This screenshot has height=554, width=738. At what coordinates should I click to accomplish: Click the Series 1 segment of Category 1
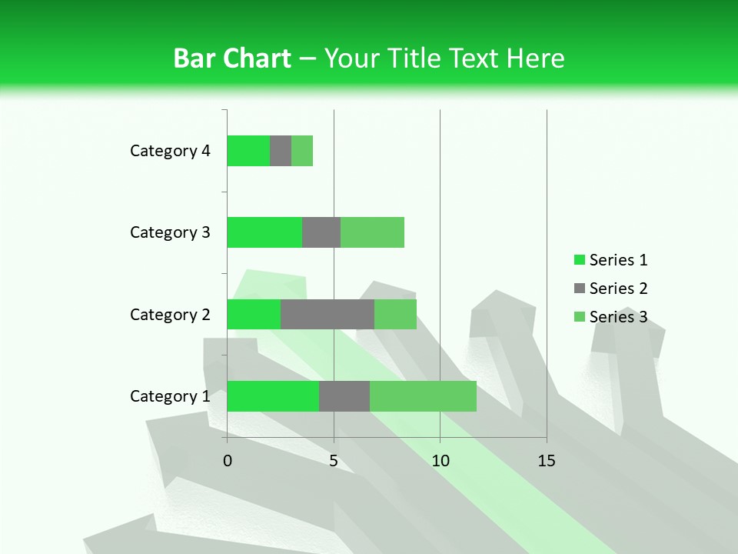pos(273,396)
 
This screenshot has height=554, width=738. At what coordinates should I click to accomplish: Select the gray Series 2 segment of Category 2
pos(327,314)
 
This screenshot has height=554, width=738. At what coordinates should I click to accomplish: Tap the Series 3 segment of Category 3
pos(372,232)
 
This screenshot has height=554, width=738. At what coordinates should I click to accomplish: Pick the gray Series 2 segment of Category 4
pos(281,151)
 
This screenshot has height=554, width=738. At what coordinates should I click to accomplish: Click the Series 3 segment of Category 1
pos(423,396)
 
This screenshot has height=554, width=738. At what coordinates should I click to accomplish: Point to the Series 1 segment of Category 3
pos(264,232)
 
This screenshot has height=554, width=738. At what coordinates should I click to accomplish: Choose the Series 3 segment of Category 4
pos(302,151)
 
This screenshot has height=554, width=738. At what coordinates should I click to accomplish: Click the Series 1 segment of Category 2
pos(254,314)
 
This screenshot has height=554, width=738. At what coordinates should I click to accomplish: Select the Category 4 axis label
pos(170,151)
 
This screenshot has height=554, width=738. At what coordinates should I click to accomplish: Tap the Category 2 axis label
pos(170,315)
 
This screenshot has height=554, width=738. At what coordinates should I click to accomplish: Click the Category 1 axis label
pos(170,396)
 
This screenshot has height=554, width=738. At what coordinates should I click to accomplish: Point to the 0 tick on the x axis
pos(228,461)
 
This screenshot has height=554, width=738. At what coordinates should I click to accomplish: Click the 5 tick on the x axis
pos(334,461)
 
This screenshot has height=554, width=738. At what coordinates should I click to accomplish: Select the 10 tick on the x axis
pos(440,461)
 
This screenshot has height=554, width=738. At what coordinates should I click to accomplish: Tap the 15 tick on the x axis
pos(547,461)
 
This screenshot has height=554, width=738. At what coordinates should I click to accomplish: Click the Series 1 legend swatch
pos(579,260)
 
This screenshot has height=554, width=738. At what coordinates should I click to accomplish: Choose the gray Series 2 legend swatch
pos(579,289)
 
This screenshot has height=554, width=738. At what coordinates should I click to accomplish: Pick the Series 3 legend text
pos(618,317)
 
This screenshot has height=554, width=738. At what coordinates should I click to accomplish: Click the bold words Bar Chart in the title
pos(232,58)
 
